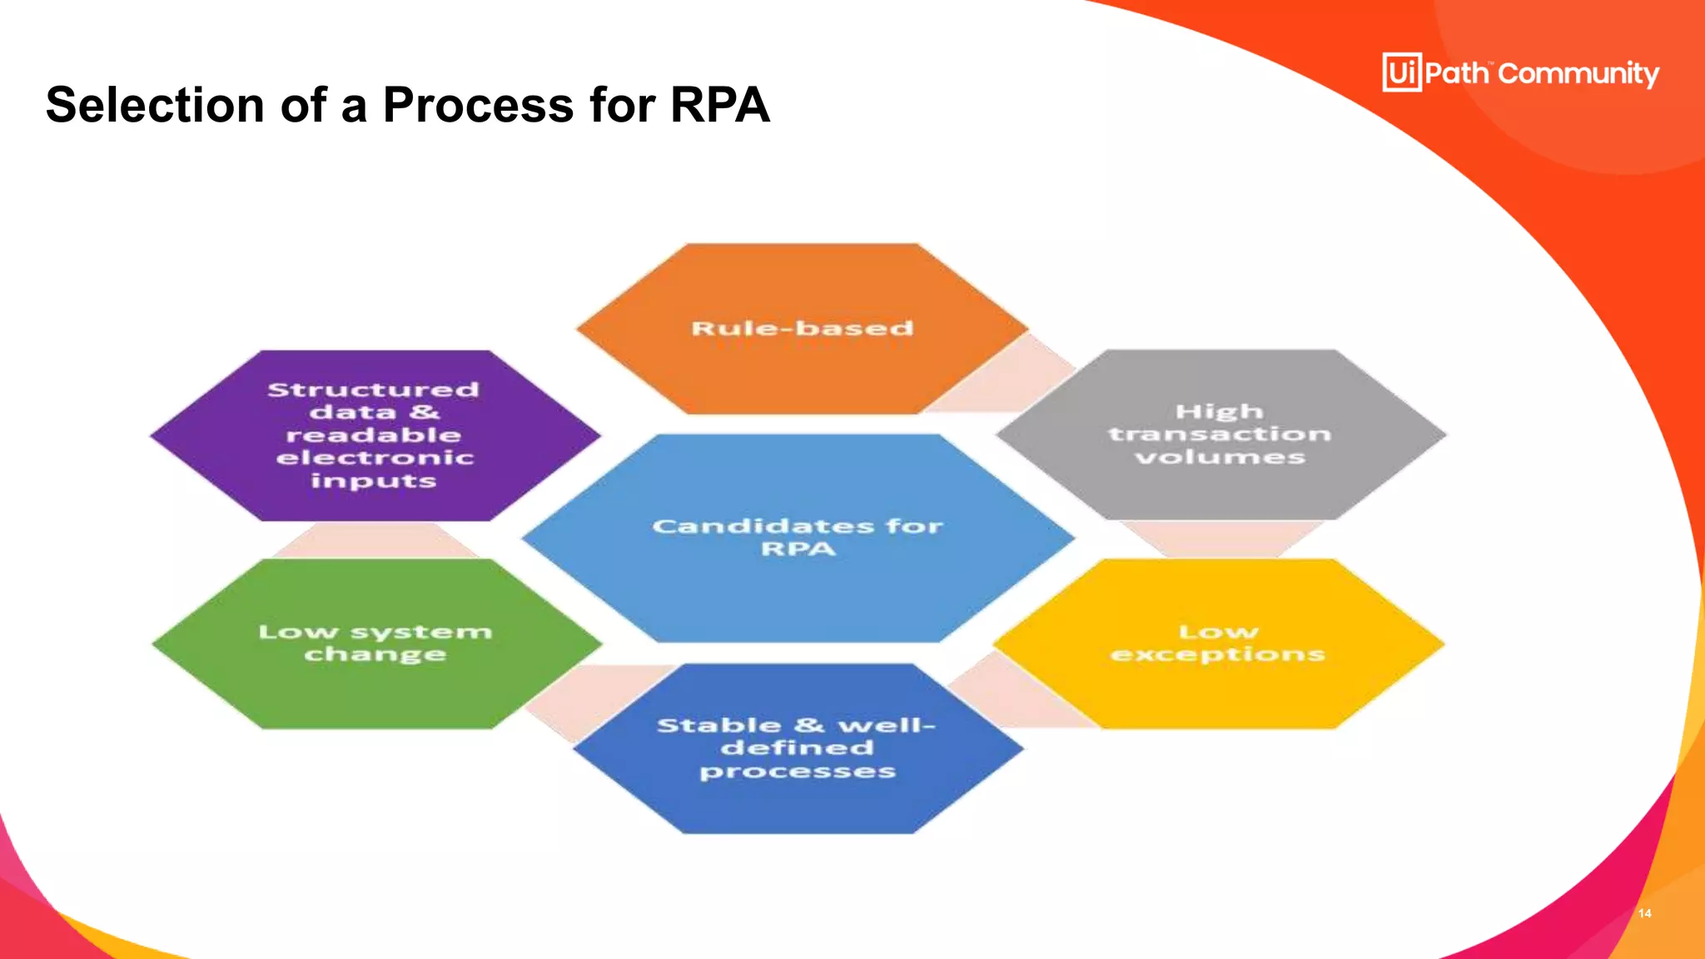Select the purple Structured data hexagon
[375, 435]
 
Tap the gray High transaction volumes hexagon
[1220, 435]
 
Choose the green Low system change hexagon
[376, 643]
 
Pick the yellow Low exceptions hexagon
[1217, 643]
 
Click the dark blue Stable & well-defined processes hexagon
[798, 748]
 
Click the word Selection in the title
[155, 106]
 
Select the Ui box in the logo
[1402, 72]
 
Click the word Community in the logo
[1578, 74]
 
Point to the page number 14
[1644, 913]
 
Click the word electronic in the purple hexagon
[375, 458]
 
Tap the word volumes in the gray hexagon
[1220, 457]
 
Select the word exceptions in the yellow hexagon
[1217, 654]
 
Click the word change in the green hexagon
[375, 655]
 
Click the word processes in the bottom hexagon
[798, 772]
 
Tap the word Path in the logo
[1456, 73]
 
